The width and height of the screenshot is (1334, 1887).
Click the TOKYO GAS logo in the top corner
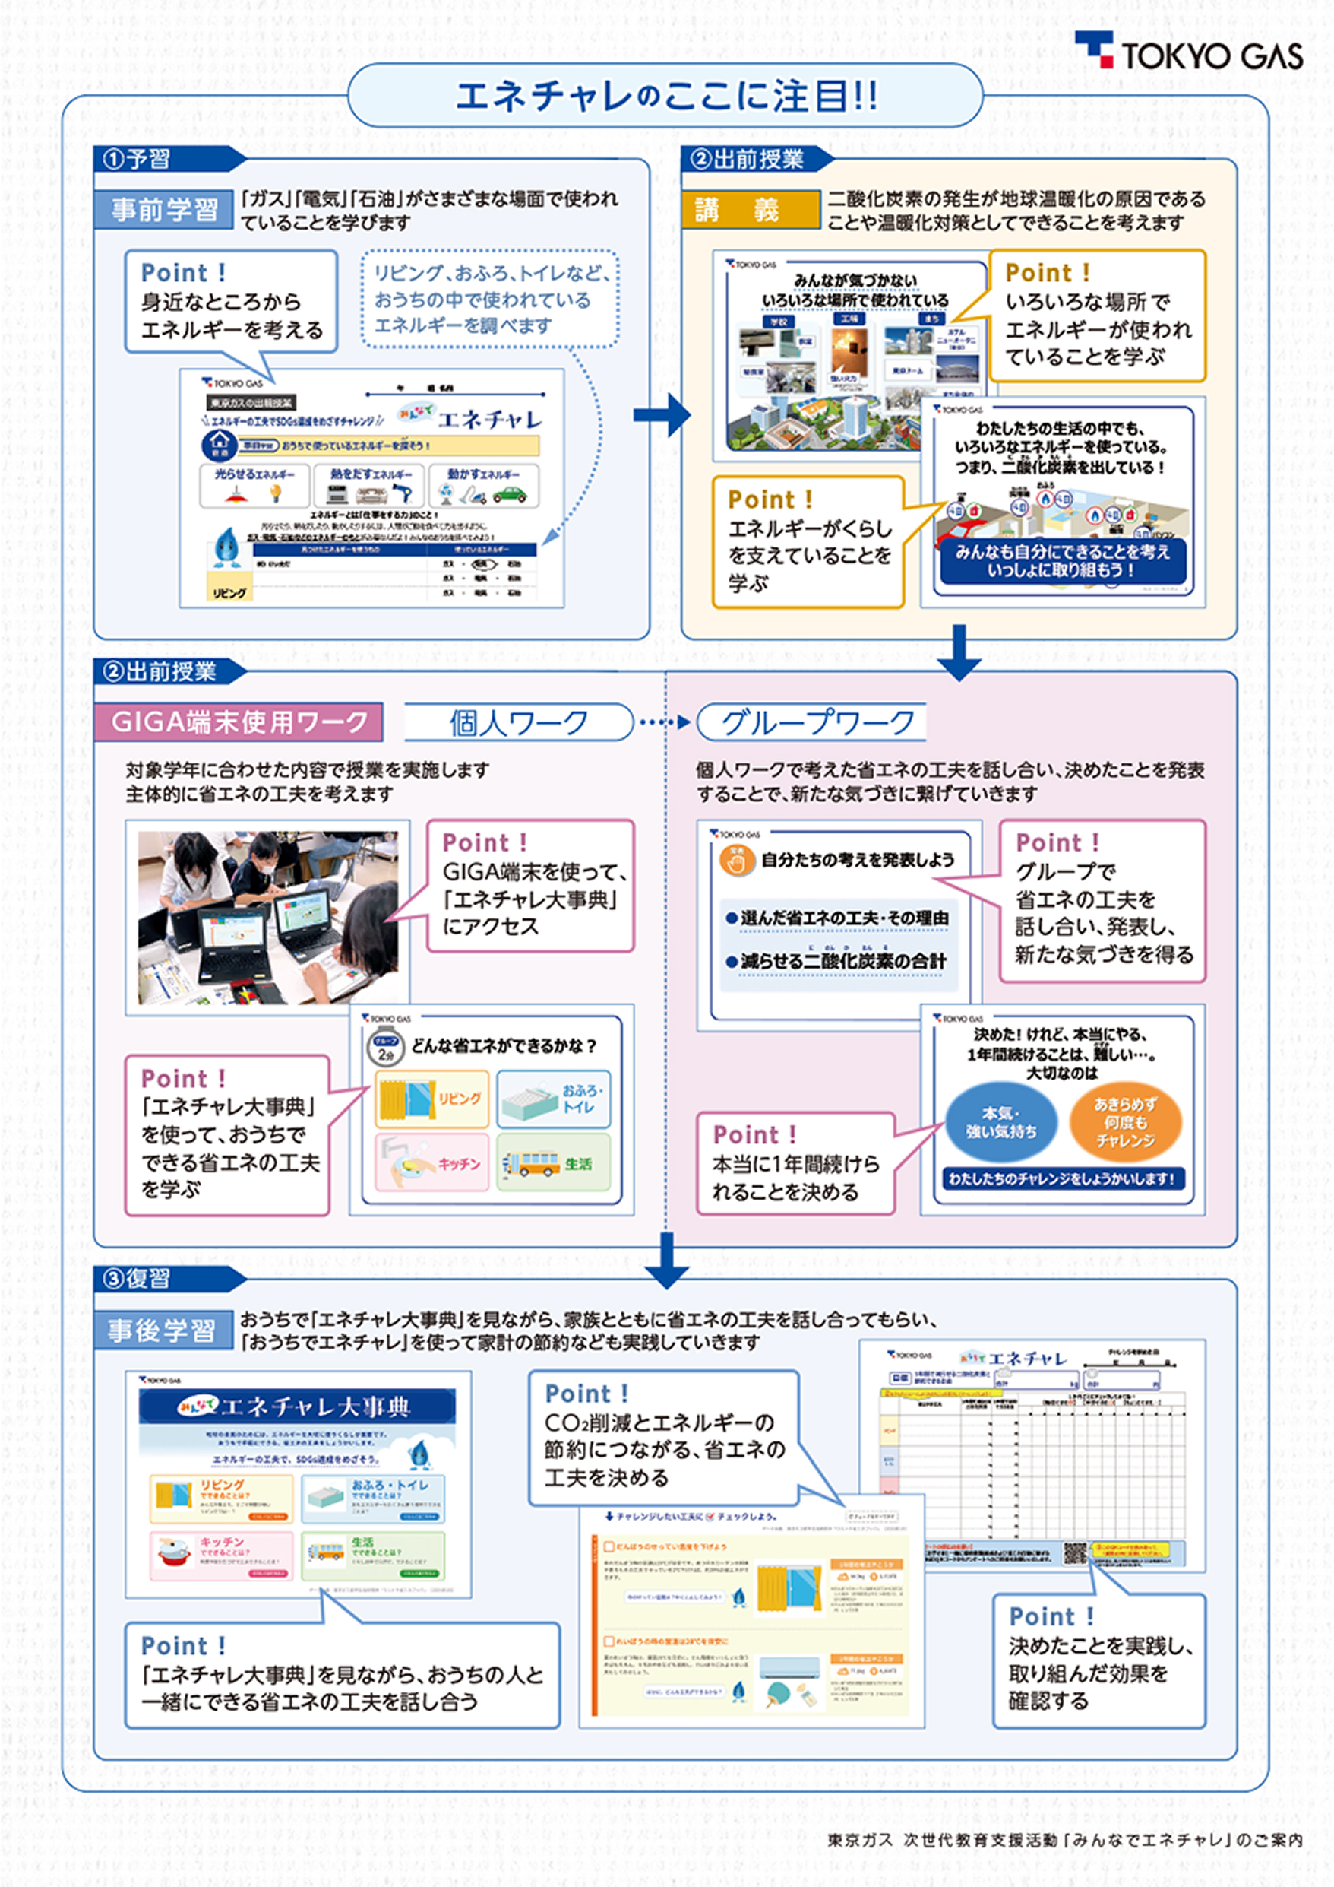tap(1191, 52)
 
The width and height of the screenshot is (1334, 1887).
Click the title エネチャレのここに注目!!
tap(665, 96)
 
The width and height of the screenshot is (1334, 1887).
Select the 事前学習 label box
tap(164, 210)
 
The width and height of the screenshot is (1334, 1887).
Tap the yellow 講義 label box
tap(750, 211)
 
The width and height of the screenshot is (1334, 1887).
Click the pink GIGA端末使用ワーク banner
tap(239, 722)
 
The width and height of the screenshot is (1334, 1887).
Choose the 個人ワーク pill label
tap(518, 722)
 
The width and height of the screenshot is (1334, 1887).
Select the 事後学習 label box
tap(162, 1330)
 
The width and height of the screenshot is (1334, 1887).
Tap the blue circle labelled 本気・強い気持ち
tap(1000, 1123)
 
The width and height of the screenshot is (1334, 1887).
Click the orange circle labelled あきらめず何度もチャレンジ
tap(1124, 1123)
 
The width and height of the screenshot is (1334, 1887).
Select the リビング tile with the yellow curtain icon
tap(432, 1099)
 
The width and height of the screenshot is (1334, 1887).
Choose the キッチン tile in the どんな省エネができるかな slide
tap(432, 1163)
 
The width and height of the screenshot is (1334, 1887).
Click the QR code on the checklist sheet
tap(1075, 1552)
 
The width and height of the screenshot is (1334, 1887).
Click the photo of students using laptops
tap(267, 917)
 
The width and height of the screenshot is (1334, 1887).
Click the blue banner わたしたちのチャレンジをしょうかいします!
tap(1063, 1178)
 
